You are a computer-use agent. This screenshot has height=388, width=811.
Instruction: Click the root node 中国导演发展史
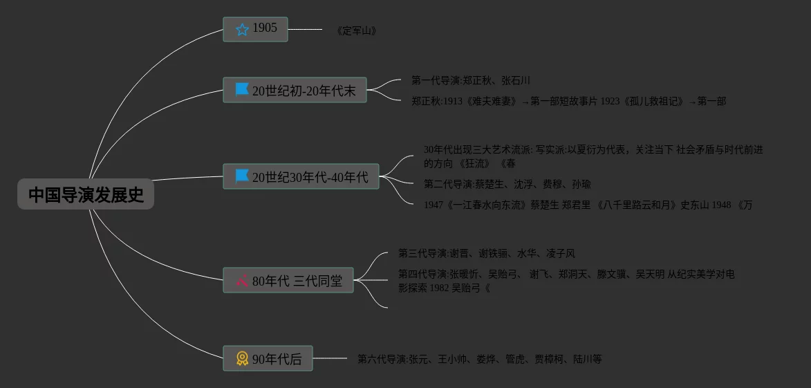pyautogui.click(x=86, y=194)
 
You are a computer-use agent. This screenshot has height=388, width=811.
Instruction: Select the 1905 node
pyautogui.click(x=255, y=29)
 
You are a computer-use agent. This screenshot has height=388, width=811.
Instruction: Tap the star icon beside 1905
pyautogui.click(x=242, y=29)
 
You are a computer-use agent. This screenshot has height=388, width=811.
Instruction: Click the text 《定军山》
pyautogui.click(x=356, y=31)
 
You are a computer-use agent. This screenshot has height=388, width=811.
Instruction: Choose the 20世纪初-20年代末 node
pyautogui.click(x=295, y=90)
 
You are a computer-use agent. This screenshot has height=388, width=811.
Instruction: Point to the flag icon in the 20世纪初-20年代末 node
pyautogui.click(x=242, y=90)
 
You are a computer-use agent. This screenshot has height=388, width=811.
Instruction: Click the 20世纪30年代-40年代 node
pyautogui.click(x=301, y=176)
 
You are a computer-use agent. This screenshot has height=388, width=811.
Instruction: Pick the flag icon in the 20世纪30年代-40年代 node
pyautogui.click(x=242, y=176)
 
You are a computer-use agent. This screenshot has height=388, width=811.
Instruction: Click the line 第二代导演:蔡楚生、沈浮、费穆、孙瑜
pyautogui.click(x=507, y=184)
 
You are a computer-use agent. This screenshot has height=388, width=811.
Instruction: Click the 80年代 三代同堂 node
pyautogui.click(x=288, y=280)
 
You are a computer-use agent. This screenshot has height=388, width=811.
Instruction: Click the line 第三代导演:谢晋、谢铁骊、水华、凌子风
pyautogui.click(x=486, y=254)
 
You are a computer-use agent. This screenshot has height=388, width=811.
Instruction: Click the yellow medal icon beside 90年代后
pyautogui.click(x=242, y=358)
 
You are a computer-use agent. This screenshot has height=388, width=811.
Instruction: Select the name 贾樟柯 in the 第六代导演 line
pyautogui.click(x=549, y=360)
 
